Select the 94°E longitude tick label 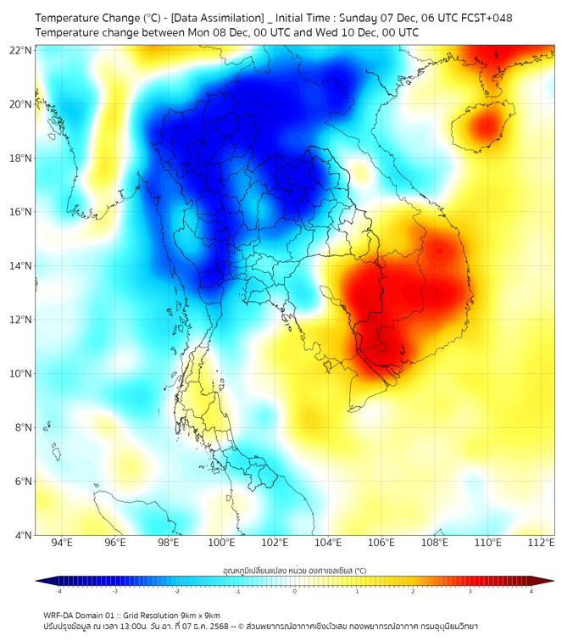click(62, 543)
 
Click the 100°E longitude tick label click(221, 543)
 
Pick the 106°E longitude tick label click(381, 543)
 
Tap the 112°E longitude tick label click(541, 543)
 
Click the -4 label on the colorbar click(58, 591)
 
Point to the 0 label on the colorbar click(295, 591)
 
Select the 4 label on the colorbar click(531, 591)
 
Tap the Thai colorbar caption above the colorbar click(294, 571)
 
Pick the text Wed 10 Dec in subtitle click(353, 32)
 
